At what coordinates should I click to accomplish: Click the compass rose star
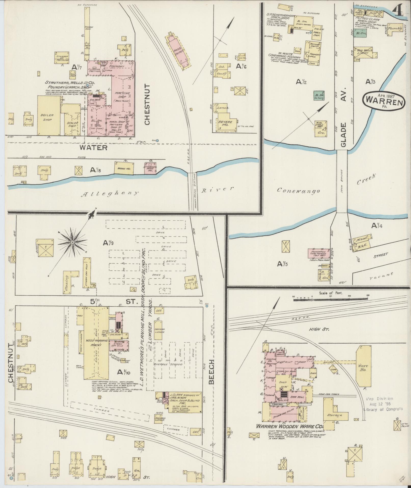click(x=72, y=242)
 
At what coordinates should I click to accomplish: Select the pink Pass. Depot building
click(x=179, y=51)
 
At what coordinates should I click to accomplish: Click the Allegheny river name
click(x=110, y=193)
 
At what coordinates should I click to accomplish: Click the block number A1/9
click(x=108, y=243)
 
